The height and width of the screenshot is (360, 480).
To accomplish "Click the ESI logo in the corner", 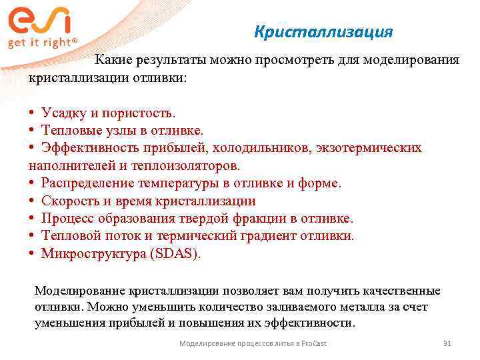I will click(x=39, y=20).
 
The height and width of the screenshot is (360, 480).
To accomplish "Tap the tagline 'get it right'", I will click(x=41, y=42).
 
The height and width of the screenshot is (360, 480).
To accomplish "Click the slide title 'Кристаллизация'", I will click(x=324, y=32).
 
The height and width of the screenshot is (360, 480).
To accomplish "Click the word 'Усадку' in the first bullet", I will click(x=62, y=111).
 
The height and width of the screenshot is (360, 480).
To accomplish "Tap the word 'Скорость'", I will click(x=69, y=201).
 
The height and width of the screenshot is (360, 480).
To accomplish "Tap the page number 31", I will click(x=447, y=343).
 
